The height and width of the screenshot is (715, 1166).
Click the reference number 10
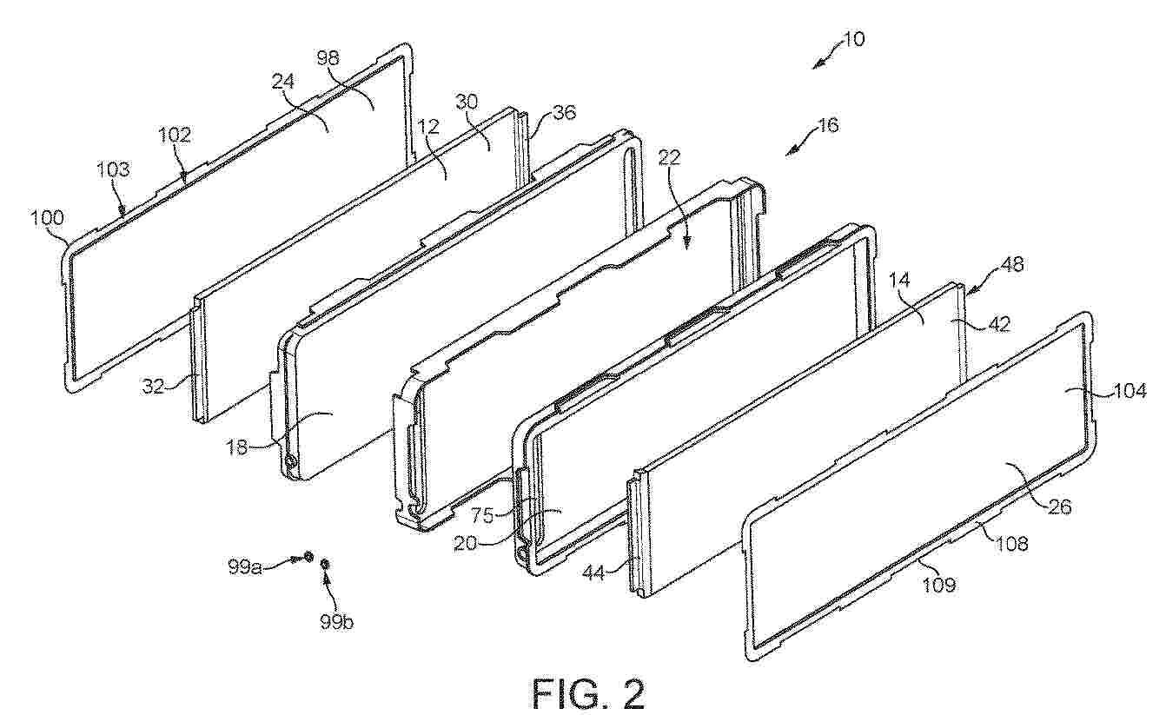852,40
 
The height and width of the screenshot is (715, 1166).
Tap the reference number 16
827,125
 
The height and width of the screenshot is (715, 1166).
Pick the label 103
113,170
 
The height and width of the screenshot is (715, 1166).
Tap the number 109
937,585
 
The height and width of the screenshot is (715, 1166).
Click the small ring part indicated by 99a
308,558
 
